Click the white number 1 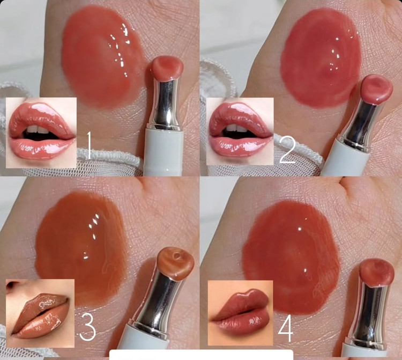pos(88,145)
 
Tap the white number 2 pos(288,150)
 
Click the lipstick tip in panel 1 pos(167,69)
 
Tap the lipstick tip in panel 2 pos(377,89)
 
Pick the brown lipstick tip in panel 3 pos(176,263)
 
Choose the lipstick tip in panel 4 pos(377,272)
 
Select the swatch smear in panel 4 pos(291,256)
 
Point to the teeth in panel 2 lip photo pos(236,128)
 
